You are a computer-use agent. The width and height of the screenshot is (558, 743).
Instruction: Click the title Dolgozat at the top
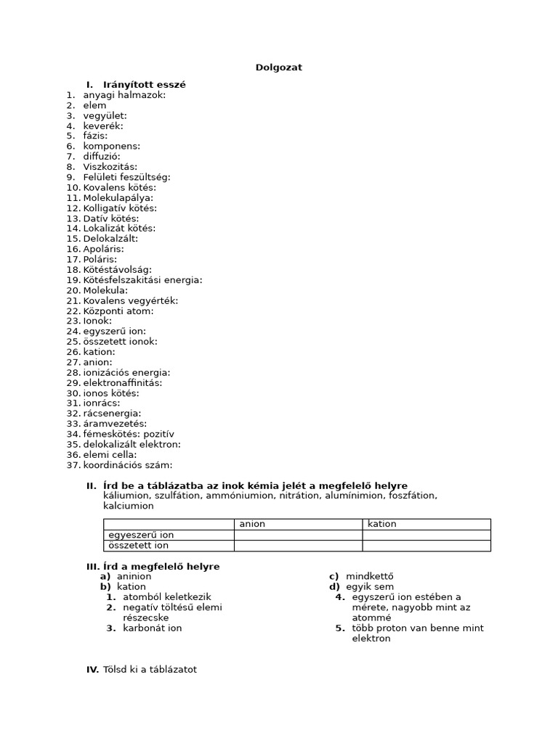pos(278,67)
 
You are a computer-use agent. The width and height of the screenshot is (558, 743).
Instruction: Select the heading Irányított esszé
pos(144,85)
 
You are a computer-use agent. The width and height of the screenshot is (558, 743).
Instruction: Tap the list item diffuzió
pos(102,156)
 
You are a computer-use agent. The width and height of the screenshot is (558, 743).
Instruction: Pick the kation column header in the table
pos(382,524)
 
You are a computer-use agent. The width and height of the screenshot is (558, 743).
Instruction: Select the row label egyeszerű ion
pos(141,535)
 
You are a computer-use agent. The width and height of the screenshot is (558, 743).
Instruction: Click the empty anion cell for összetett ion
pos(297,546)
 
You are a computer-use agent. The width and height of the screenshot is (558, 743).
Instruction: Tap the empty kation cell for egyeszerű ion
pos(426,535)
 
